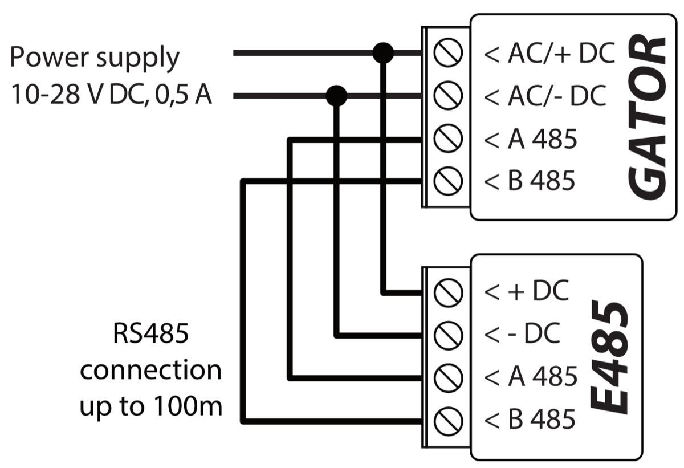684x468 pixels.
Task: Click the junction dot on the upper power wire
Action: [382, 54]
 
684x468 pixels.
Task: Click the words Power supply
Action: [95, 58]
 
